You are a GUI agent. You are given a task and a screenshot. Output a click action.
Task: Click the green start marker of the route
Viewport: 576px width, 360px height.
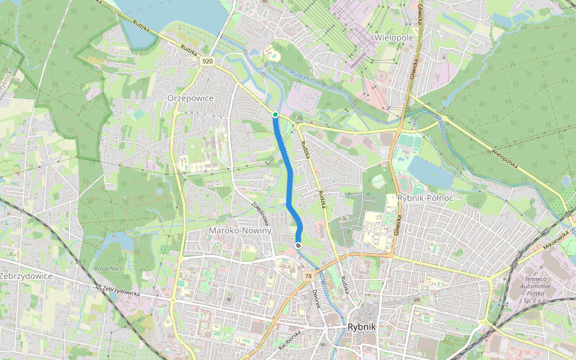coord(275,115)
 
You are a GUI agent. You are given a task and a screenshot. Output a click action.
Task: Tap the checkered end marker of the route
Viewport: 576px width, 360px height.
coord(298,245)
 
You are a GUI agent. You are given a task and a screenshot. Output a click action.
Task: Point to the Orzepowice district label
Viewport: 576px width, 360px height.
coord(190,98)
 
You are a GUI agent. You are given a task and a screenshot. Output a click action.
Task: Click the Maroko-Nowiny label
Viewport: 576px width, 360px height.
coord(240,230)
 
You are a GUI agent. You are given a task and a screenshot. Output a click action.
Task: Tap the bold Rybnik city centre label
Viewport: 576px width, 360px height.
coord(361,327)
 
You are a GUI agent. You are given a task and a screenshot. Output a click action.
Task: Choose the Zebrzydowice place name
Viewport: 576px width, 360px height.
coord(26,276)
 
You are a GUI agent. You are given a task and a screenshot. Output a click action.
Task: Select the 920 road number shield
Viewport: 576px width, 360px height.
coord(208,61)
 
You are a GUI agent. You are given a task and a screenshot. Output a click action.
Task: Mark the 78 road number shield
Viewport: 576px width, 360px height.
coord(308,276)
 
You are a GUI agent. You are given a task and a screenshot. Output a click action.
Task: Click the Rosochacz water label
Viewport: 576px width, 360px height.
coord(108,268)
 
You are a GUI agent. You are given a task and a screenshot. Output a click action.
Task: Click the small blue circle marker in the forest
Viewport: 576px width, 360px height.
coord(160,191)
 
